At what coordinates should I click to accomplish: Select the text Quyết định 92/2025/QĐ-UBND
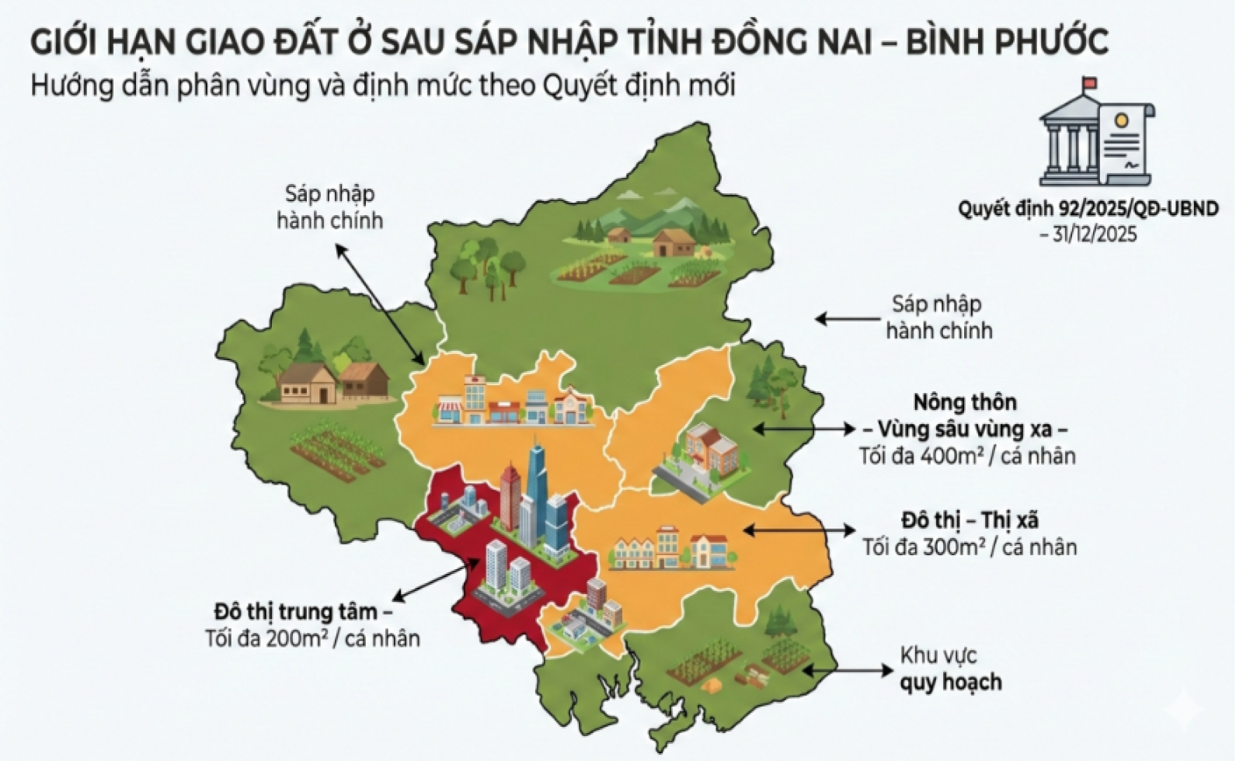point(1087,209)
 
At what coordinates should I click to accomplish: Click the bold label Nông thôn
point(964,402)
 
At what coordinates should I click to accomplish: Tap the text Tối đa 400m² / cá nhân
point(966,456)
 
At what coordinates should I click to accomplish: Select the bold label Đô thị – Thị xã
point(970,519)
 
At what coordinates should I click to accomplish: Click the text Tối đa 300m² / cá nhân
point(969,547)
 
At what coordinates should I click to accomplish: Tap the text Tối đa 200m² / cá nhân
point(312,639)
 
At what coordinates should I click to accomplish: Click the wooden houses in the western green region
point(334,380)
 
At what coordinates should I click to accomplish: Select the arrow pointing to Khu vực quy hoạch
point(847,669)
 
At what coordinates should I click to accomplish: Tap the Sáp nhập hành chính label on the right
point(938,317)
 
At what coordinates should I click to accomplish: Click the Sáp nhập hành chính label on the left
point(329,207)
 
